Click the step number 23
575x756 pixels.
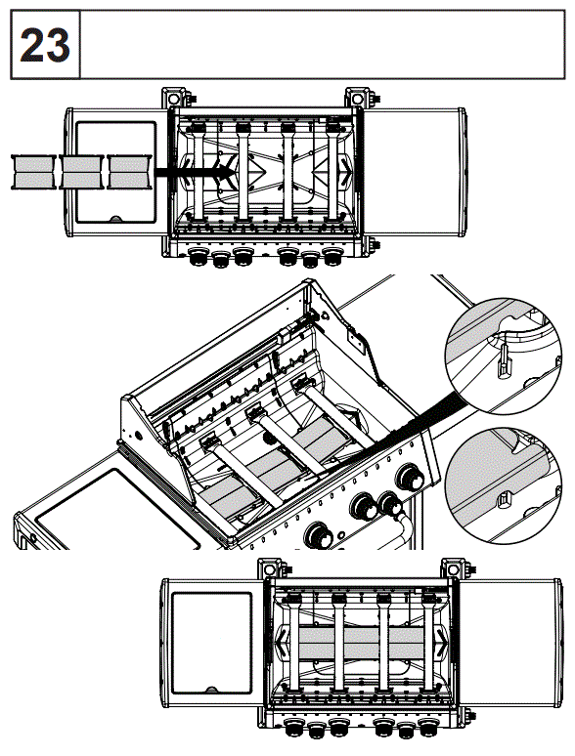pyautogui.click(x=44, y=46)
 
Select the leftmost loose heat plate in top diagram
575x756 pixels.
pyautogui.click(x=34, y=172)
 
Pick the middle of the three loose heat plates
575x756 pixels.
pyautogui.click(x=83, y=172)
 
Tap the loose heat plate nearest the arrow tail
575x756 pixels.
pyautogui.click(x=132, y=172)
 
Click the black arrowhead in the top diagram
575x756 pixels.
pyautogui.click(x=226, y=172)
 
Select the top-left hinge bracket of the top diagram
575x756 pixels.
pyautogui.click(x=175, y=100)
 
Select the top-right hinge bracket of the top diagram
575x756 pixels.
pyautogui.click(x=358, y=100)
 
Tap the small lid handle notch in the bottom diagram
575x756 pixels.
pyautogui.click(x=211, y=689)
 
